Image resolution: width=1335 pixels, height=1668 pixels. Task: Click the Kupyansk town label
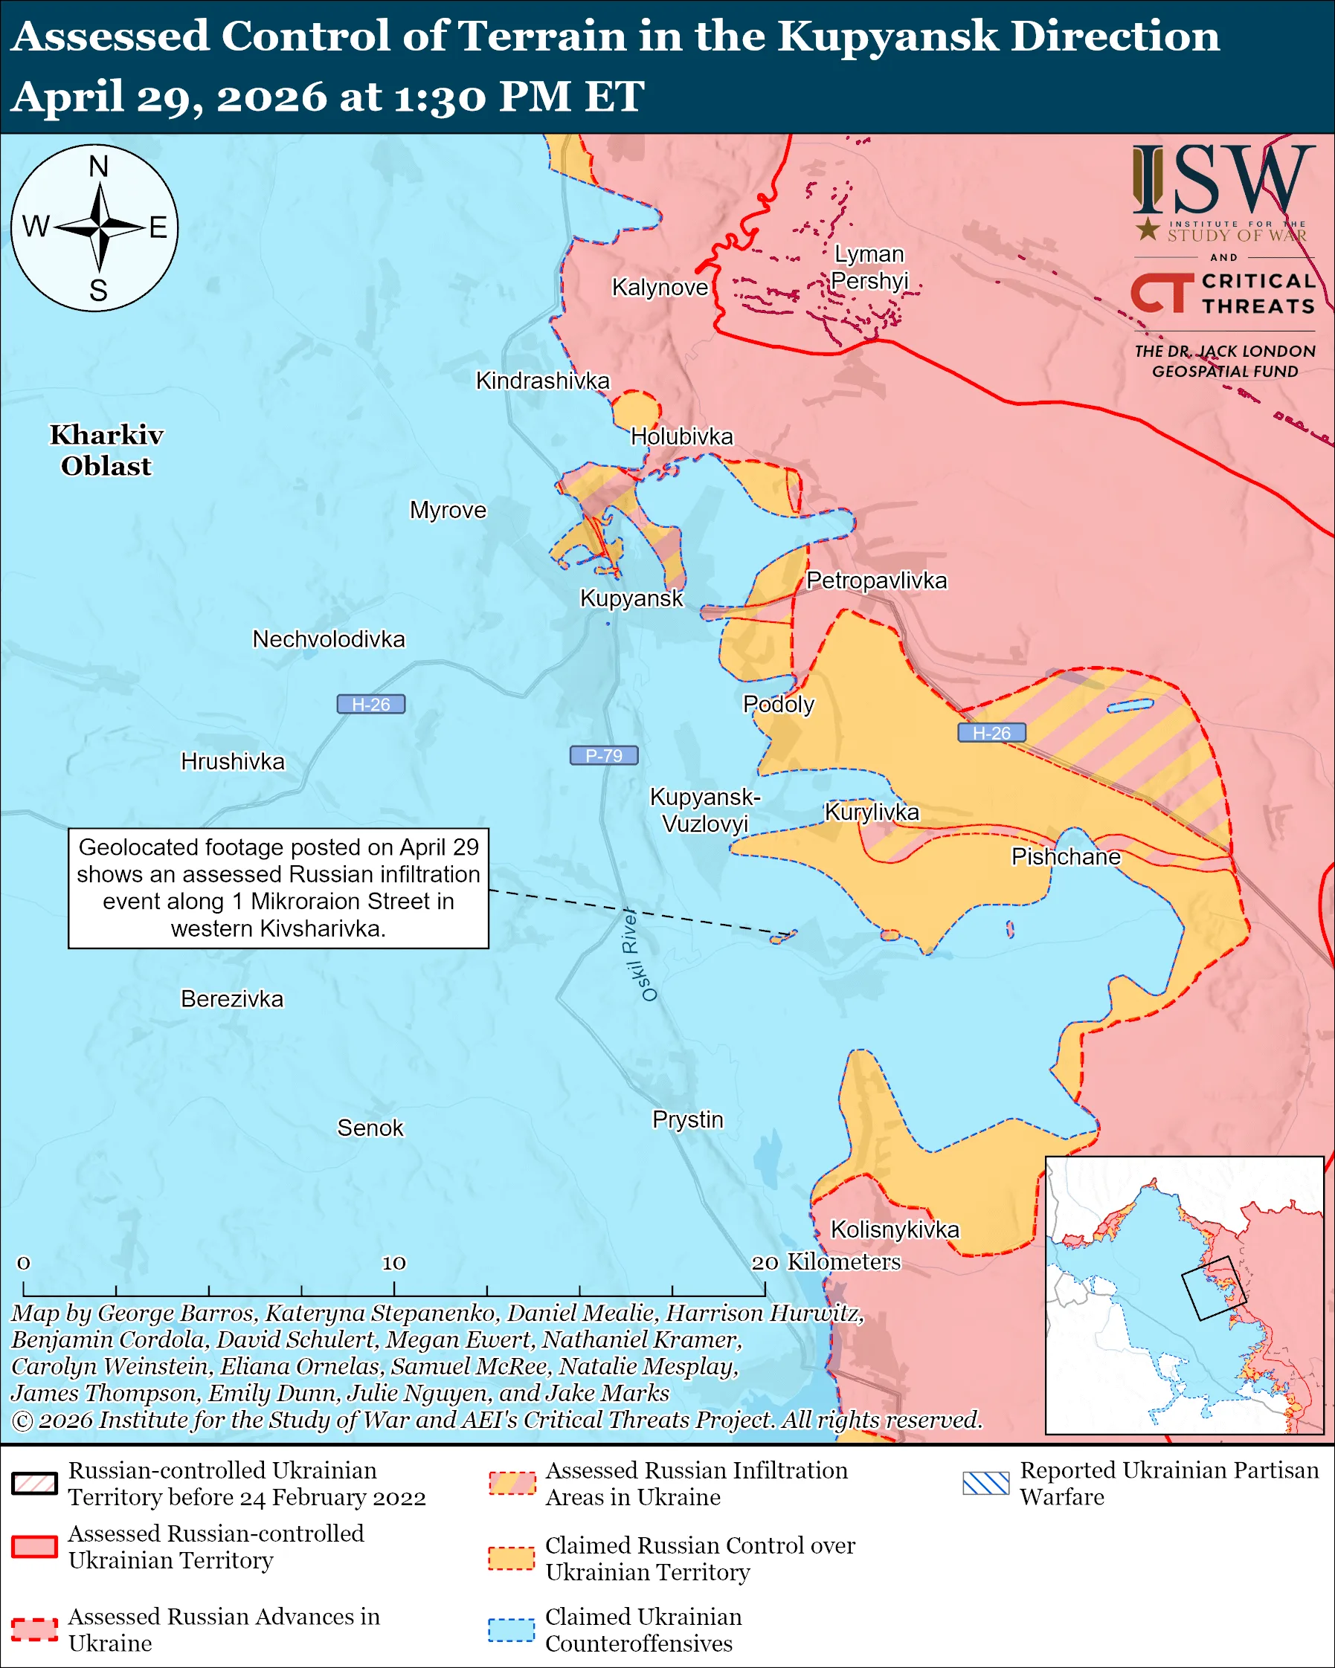tap(631, 598)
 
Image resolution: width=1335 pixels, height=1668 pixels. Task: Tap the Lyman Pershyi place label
tap(869, 267)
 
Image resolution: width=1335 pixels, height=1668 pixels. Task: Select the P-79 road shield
tap(604, 755)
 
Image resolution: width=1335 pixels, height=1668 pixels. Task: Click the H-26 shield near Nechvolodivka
tap(370, 704)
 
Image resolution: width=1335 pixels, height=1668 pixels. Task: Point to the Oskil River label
tap(640, 954)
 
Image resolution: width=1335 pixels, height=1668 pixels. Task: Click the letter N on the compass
tap(98, 167)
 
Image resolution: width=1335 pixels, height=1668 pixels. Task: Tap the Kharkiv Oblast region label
tap(107, 450)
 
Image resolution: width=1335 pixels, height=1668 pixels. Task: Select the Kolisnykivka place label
tap(895, 1229)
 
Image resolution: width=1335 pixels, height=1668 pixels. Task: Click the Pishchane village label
tap(1066, 856)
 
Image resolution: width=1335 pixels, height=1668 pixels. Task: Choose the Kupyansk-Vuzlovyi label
tap(704, 809)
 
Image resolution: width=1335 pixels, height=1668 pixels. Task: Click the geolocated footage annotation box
tap(279, 888)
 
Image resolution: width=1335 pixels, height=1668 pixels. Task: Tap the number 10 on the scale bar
tap(394, 1263)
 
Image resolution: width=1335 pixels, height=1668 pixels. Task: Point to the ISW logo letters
tap(1223, 181)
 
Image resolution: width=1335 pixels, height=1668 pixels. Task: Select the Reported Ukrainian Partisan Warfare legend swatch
tap(986, 1483)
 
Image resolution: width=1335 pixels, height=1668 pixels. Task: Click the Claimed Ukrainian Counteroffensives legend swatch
tap(511, 1629)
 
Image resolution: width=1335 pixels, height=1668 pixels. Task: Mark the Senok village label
tap(370, 1128)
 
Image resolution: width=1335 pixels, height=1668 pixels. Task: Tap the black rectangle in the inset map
tap(1214, 1287)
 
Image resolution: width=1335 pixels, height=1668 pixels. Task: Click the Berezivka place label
tap(232, 999)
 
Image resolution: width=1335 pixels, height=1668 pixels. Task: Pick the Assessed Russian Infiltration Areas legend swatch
tap(511, 1483)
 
